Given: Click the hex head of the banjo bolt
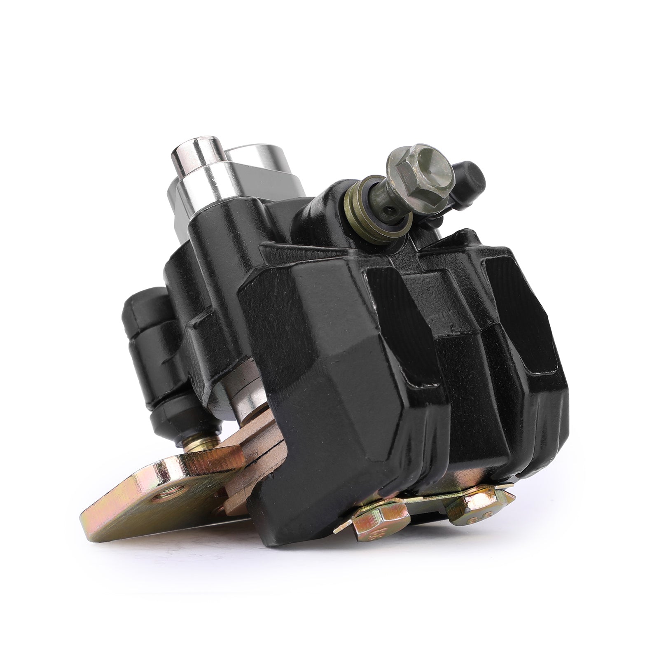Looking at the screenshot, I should [x=418, y=168].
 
